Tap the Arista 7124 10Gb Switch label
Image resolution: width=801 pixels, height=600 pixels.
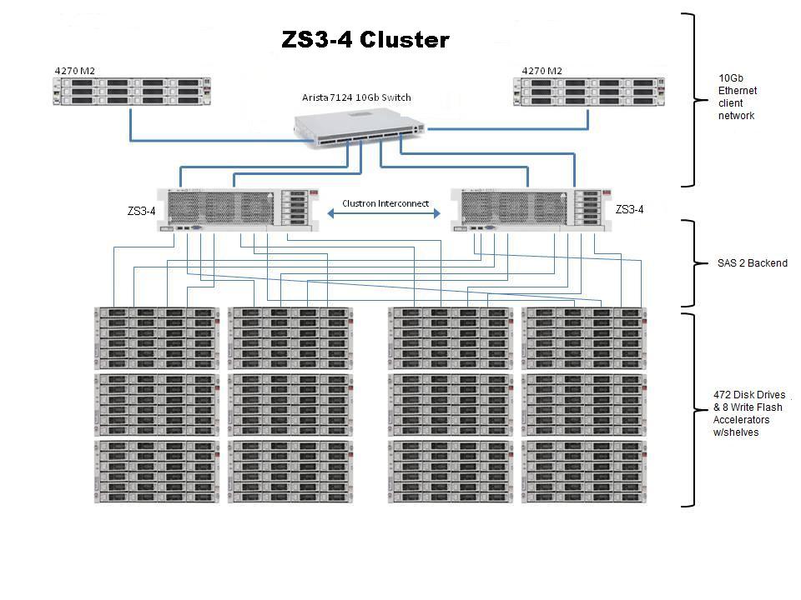tap(356, 97)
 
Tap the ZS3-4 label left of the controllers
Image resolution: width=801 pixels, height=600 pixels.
tap(141, 212)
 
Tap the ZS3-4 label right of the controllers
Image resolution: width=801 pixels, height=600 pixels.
tap(629, 210)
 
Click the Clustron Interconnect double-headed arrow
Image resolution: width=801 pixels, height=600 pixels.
tap(384, 214)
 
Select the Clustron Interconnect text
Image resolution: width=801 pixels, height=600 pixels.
tap(385, 203)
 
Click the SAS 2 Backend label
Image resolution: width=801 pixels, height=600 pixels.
tap(752, 263)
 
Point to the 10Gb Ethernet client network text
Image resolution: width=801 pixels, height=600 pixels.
tap(736, 97)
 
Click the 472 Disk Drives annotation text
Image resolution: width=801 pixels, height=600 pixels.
tap(749, 413)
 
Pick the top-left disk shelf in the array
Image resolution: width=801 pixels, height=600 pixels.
tap(157, 338)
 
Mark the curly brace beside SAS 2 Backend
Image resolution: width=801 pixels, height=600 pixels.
tap(688, 263)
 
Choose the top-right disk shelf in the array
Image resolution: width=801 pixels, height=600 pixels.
tap(585, 338)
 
